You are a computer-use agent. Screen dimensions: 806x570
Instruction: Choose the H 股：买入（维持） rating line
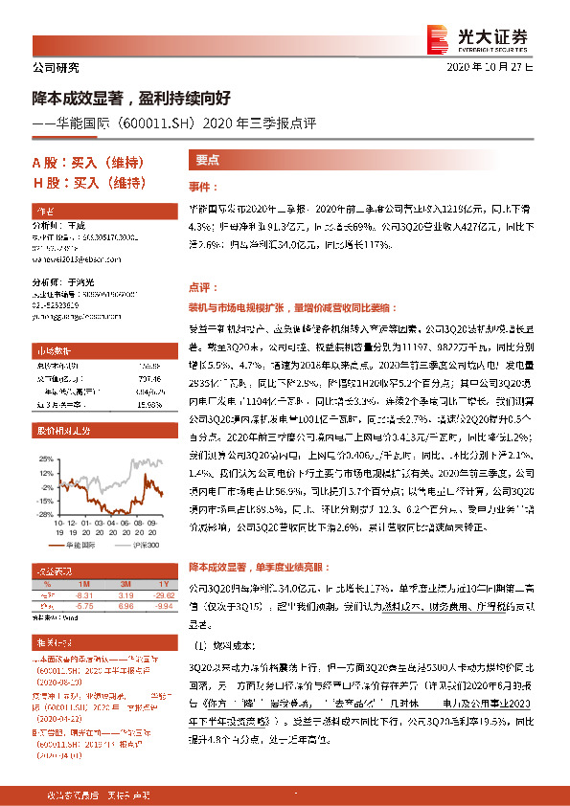click(86, 183)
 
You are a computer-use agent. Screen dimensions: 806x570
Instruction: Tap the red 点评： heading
click(204, 286)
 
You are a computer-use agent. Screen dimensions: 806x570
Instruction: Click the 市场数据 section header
click(53, 351)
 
